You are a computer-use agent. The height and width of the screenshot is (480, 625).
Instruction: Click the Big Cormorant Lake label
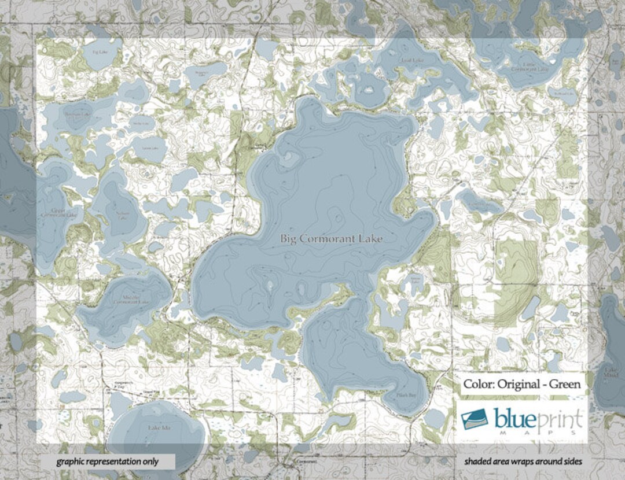click(332, 238)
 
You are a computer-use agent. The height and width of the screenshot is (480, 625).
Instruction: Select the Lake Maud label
click(611, 372)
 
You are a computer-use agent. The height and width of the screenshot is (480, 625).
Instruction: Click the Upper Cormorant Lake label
click(58, 213)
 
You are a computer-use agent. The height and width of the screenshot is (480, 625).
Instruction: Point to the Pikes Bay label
click(408, 395)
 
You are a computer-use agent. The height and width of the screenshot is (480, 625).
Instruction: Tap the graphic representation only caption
click(108, 461)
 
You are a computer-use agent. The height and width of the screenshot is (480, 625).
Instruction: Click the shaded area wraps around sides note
click(523, 461)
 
